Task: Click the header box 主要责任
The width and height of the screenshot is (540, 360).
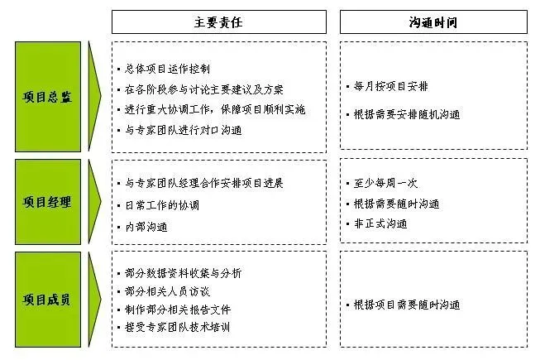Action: pos(219,22)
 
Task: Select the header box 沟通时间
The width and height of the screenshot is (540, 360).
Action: pos(433,22)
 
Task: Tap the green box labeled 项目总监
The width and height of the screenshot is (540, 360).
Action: pos(48,97)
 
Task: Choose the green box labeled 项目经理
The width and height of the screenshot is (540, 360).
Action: pos(48,202)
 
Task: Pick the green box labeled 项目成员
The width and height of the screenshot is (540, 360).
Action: pos(48,300)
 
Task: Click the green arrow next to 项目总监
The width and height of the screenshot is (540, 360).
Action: pos(94,97)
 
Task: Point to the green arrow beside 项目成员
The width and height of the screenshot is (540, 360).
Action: pos(94,300)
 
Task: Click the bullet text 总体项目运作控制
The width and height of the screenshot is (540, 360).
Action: pos(167,69)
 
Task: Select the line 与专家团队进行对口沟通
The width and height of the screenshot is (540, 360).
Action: pos(184,130)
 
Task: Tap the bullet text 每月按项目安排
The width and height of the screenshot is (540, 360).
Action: pos(391,86)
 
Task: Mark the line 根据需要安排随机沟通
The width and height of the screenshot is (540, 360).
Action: pos(407,114)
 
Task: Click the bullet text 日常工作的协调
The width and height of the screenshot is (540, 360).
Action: pos(162,205)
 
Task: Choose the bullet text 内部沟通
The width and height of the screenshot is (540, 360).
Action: pos(146,227)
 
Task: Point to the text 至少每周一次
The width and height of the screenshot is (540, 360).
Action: pos(385,183)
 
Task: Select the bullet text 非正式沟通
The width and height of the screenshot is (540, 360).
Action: pos(380,223)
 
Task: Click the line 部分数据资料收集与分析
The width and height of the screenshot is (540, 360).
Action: pos(184,273)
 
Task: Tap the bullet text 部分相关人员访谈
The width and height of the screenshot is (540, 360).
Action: pos(167,291)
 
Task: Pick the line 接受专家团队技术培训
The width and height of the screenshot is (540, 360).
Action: pos(177,327)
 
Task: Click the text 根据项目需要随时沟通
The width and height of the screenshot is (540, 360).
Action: pos(407,305)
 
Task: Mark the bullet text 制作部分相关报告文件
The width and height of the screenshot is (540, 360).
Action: pos(178,310)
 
